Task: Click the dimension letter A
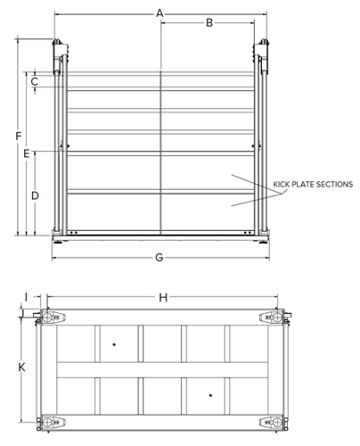[160, 13]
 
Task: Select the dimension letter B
[209, 23]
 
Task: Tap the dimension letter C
[35, 81]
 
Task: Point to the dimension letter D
[35, 195]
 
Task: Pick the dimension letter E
[27, 153]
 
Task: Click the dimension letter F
[19, 136]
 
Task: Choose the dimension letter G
[160, 257]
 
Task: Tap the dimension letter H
[163, 297]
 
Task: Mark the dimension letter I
[27, 297]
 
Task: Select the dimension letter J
[21, 314]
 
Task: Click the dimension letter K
[21, 368]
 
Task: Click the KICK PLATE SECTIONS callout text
[313, 185]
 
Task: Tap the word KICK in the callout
[281, 185]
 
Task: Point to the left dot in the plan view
[114, 344]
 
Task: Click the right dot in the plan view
[210, 395]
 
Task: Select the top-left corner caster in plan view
[50, 317]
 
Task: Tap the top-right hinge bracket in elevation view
[261, 56]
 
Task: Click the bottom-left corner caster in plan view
[51, 422]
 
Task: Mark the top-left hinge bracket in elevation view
[61, 56]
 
